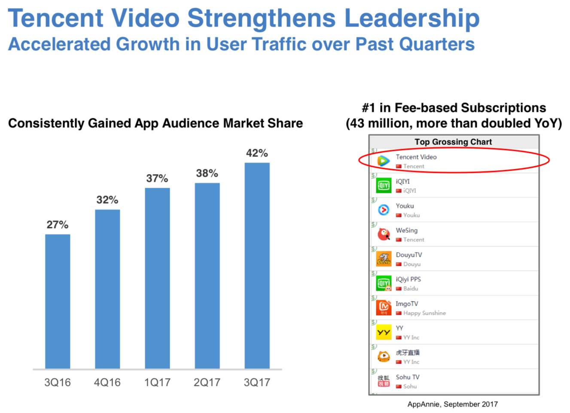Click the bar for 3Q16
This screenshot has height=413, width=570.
(58, 301)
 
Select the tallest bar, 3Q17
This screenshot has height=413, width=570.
(257, 265)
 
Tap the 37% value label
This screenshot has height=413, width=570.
(157, 178)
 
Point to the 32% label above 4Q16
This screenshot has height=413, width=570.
(107, 200)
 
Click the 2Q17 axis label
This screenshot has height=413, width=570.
(207, 382)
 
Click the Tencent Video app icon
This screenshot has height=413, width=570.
(383, 161)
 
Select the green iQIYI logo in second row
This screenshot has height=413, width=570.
(383, 185)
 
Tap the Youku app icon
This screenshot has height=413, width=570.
(383, 210)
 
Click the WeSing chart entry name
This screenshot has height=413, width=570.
(406, 230)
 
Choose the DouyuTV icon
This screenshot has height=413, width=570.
(383, 259)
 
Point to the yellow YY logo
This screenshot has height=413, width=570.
(383, 332)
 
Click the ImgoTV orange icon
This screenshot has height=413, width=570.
(383, 307)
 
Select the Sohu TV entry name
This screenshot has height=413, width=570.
(407, 377)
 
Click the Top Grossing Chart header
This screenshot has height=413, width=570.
(453, 142)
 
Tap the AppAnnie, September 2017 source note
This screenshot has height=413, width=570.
(452, 404)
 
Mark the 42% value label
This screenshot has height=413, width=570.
(257, 153)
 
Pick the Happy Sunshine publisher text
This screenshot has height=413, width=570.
(424, 313)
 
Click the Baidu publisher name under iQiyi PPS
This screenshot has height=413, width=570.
(410, 289)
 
